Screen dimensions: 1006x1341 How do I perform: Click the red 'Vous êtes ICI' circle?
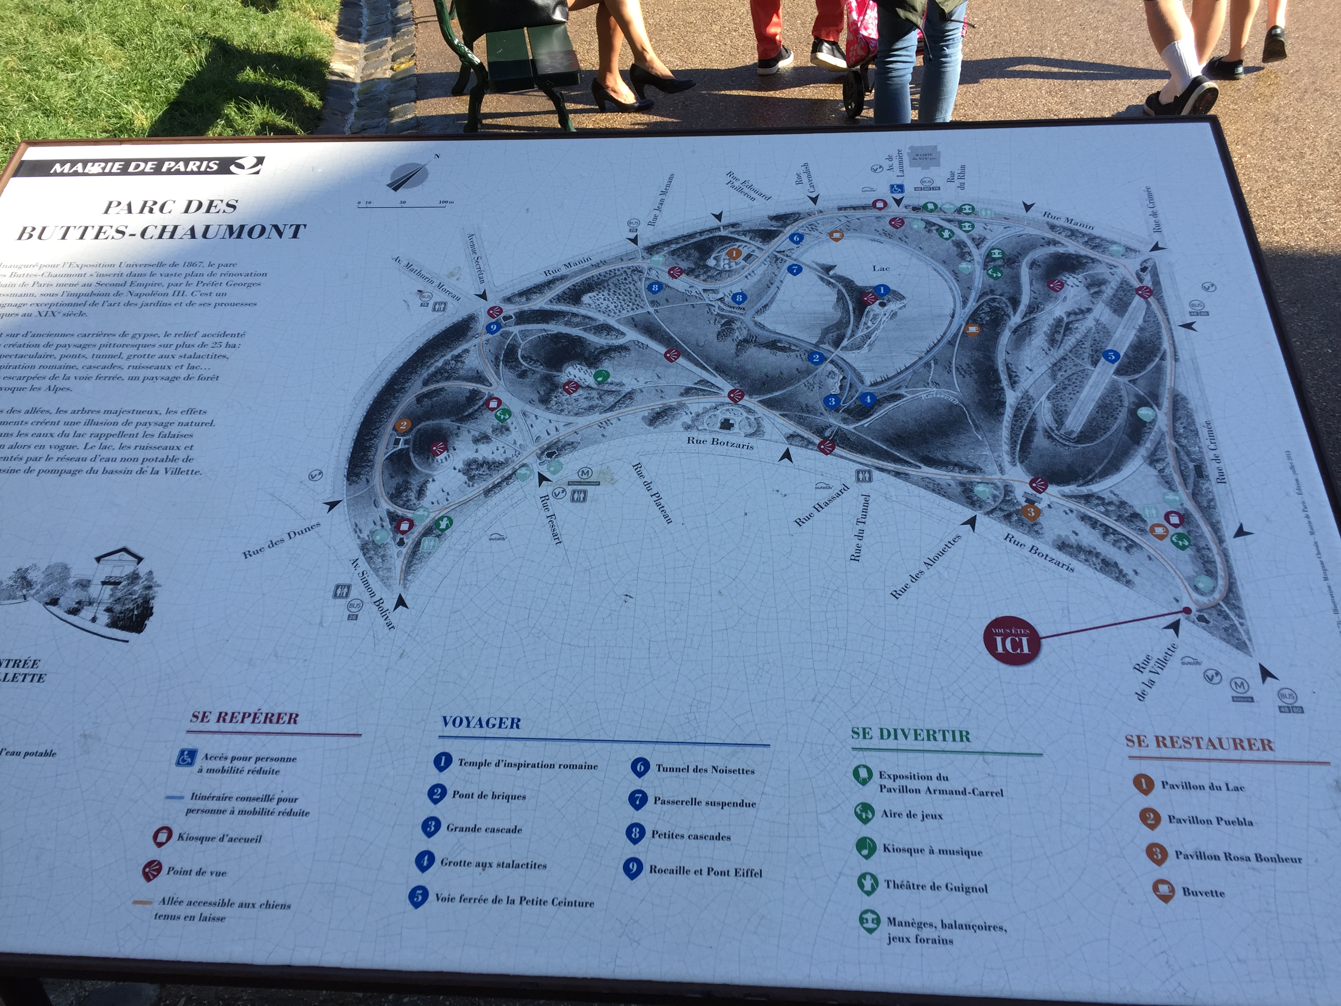coord(1012,641)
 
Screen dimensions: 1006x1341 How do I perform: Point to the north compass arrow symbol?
coord(408,177)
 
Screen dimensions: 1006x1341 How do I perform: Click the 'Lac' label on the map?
coord(881,268)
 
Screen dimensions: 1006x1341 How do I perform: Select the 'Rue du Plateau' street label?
coord(652,492)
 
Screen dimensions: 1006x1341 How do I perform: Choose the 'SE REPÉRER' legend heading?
coord(244,718)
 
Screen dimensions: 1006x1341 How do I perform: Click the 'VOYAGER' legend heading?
coord(481,723)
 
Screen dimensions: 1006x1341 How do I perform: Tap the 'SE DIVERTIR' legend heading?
coord(910,735)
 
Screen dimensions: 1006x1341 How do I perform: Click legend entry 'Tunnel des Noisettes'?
coord(705,770)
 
